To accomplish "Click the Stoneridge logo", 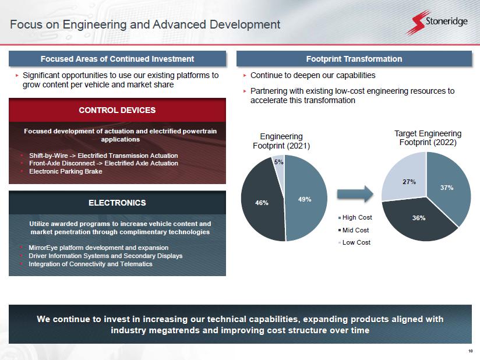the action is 437,22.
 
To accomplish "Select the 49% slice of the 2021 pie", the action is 306,199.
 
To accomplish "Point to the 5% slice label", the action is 278,162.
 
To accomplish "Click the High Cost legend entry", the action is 355,217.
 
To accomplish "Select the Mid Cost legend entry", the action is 354,230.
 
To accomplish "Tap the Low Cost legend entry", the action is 355,242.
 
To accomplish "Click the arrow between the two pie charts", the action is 355,194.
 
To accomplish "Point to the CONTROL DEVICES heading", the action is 117,110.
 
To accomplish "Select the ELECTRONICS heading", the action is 117,203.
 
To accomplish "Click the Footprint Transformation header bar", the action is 354,59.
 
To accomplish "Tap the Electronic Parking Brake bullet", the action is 65,171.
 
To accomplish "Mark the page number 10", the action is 471,351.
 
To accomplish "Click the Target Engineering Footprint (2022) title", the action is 428,138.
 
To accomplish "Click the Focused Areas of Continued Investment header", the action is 117,59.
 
